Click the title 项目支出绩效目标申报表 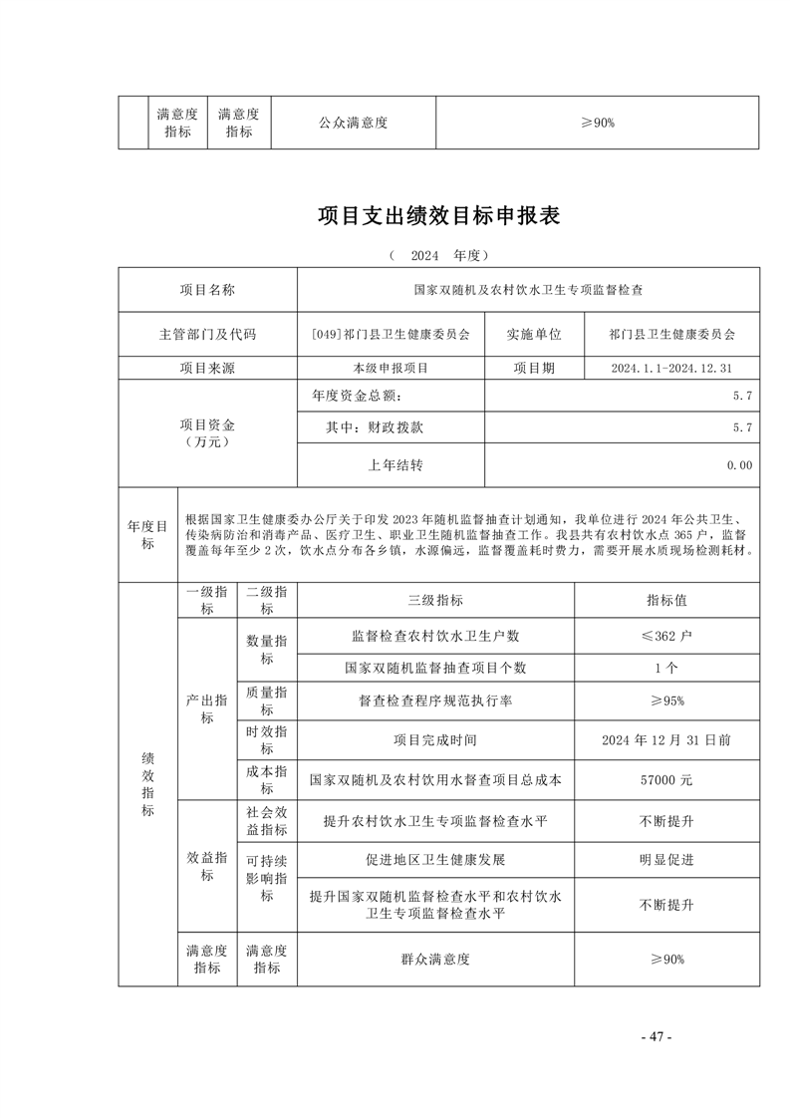coord(438,216)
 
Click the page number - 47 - coord(657,1036)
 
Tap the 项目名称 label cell coord(207,290)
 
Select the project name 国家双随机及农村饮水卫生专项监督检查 coord(528,290)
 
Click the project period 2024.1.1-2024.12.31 coord(671,368)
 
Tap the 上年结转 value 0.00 coord(738,464)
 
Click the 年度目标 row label coord(147,535)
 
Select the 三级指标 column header coord(435,601)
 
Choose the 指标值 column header coord(666,601)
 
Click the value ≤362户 coord(666,635)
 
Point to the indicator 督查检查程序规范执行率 coord(435,700)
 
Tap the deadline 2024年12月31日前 coord(666,740)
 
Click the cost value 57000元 coord(666,779)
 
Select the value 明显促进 coord(666,859)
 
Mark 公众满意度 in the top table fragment coord(353,123)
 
